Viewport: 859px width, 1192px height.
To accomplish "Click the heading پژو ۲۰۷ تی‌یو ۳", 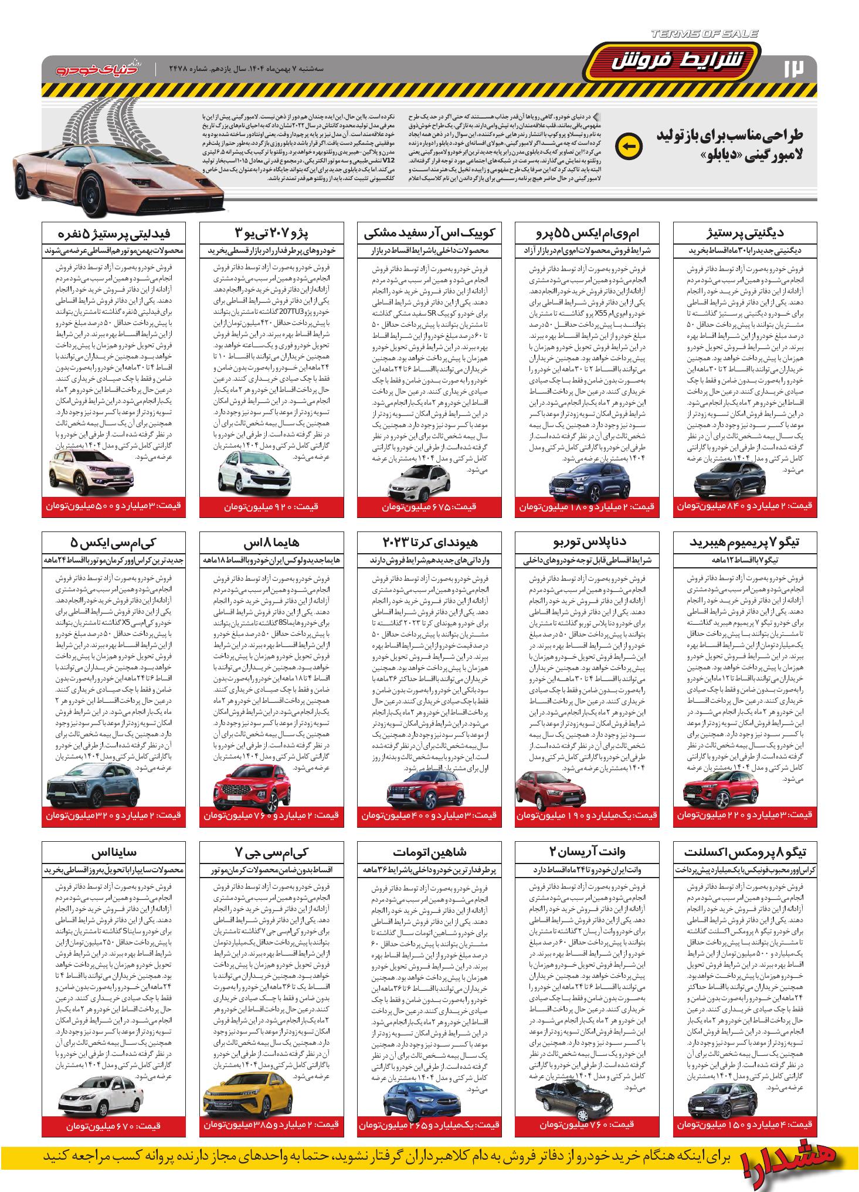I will pyautogui.click(x=271, y=233).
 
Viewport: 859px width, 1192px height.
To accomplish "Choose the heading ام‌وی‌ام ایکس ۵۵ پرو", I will pyautogui.click(x=588, y=233).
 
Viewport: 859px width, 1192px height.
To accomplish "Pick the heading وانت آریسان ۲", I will pyautogui.click(x=588, y=852).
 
